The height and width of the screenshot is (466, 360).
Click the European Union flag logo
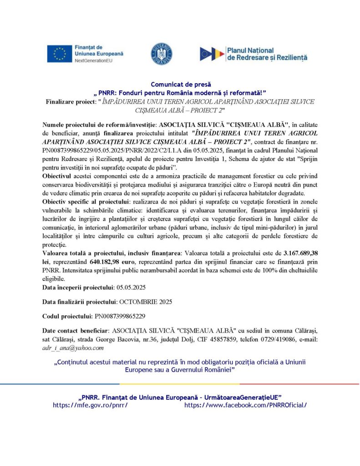pyautogui.click(x=59, y=54)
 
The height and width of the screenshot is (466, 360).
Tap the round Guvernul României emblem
pyautogui.click(x=161, y=54)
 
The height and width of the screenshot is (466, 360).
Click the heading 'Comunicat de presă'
pyautogui.click(x=180, y=84)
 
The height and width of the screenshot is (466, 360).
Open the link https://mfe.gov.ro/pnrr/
pyautogui.click(x=90, y=405)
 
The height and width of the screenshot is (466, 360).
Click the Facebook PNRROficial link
pyautogui.click(x=245, y=405)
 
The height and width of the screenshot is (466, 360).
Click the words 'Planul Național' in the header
pyautogui.click(x=251, y=50)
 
